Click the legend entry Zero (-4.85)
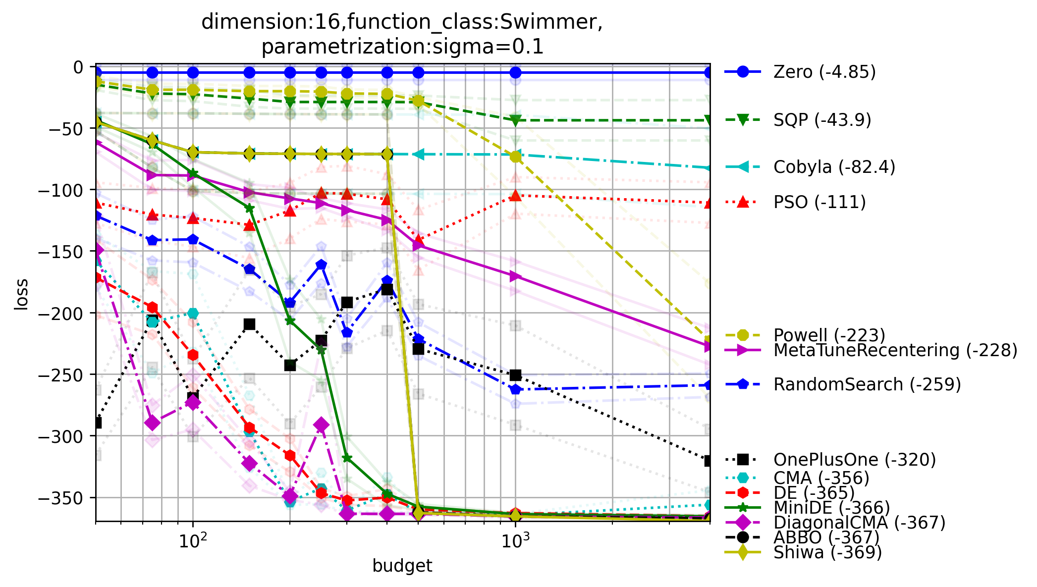824,72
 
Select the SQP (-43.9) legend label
822,120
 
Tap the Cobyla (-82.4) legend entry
834,167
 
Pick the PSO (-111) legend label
819,202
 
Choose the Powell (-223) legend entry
829,335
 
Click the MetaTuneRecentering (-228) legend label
895,350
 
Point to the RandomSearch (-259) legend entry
867,384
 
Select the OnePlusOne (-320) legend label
855,460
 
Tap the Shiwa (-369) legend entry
827,552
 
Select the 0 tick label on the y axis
79,67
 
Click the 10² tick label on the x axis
193,541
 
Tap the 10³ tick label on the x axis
515,541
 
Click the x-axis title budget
402,566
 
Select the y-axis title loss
21,295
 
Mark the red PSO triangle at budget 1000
515,196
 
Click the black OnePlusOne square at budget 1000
515,375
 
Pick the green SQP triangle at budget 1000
515,120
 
